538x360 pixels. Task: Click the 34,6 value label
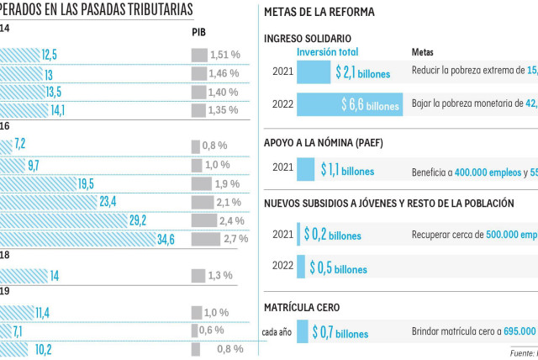point(166,239)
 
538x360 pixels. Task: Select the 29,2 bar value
point(138,220)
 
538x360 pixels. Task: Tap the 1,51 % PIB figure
point(224,55)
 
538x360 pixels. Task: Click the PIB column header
point(199,33)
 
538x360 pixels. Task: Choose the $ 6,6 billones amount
point(370,105)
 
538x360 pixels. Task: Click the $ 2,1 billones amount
point(362,72)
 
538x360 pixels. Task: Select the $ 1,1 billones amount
point(347,170)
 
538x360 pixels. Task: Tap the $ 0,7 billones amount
point(340,333)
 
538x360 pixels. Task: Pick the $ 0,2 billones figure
point(332,235)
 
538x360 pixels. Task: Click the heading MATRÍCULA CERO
point(302,308)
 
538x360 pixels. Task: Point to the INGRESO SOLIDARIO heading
point(308,39)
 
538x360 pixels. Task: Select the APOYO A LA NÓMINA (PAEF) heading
point(323,142)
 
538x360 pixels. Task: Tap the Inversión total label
point(329,52)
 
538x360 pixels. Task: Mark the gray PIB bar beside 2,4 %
point(202,220)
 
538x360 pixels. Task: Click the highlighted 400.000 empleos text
point(488,172)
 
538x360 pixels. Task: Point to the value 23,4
point(108,202)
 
